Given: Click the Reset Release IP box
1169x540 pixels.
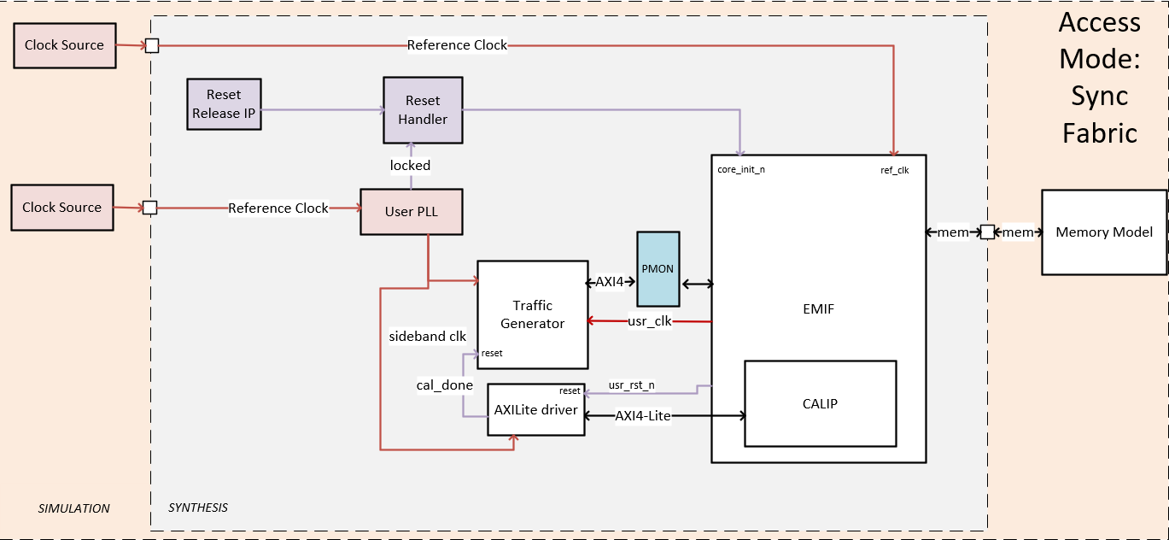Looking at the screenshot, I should (224, 104).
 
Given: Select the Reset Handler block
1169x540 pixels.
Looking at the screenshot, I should (423, 110).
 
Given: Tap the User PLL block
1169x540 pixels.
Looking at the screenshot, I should (412, 212).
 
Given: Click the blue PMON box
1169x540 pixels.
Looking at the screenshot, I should (658, 268).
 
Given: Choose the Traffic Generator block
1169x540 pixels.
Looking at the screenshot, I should (532, 314).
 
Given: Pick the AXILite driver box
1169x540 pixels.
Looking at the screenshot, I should (535, 409).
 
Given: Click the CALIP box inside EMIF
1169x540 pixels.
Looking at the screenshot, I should (820, 403).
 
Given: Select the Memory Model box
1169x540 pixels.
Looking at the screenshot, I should (1103, 232).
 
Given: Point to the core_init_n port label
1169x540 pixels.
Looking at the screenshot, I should (740, 169).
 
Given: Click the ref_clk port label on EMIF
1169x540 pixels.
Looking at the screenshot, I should (894, 170).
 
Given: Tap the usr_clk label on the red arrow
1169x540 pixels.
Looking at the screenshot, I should (649, 321).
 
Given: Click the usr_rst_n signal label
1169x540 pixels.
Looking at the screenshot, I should (631, 385).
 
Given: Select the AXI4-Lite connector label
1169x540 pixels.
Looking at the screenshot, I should (642, 416).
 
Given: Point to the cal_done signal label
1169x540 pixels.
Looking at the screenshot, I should (444, 385).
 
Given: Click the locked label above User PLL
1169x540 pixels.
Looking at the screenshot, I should (410, 165).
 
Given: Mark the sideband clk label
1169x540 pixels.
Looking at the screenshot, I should (427, 336).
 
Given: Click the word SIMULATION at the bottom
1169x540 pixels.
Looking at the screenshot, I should (74, 508).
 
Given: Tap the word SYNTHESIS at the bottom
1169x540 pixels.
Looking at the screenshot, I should (198, 508).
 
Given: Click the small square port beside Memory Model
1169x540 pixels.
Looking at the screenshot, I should (986, 232).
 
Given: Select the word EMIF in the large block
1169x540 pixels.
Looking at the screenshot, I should (818, 309).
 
